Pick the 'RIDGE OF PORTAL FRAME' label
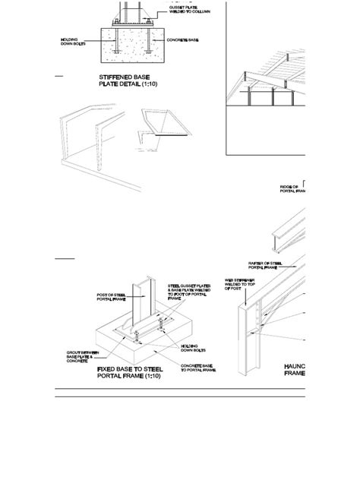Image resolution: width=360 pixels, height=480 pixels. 292,190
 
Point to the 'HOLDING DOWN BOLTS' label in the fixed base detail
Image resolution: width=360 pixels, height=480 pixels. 189,348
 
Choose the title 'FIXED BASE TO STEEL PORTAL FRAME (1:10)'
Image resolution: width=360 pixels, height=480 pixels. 133,372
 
